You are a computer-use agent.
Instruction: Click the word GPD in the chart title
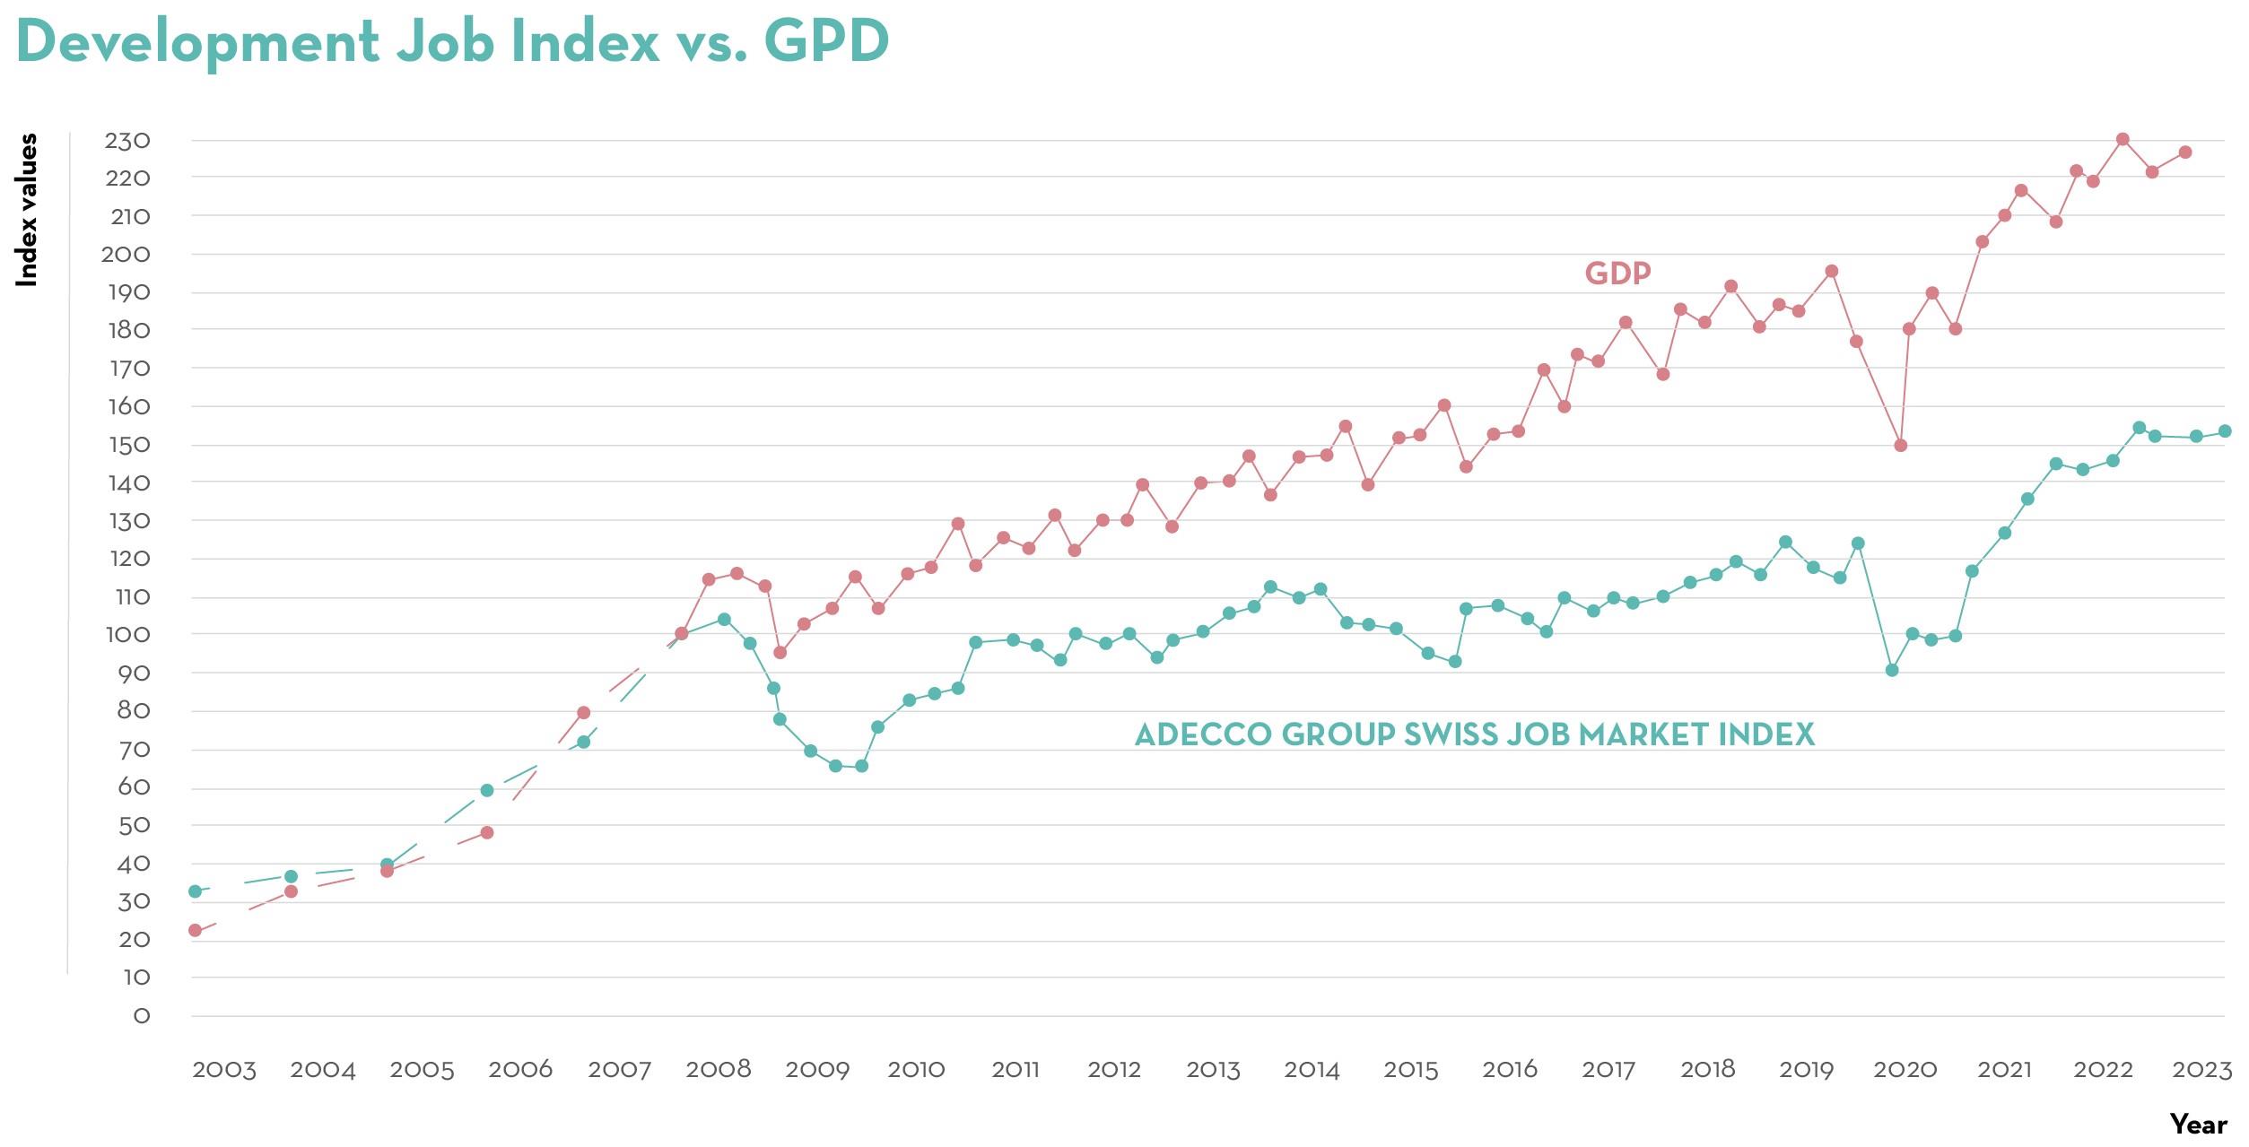point(825,41)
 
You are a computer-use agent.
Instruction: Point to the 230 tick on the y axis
point(127,141)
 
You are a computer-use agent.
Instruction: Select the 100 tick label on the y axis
point(127,635)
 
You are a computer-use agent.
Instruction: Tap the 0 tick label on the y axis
point(141,1016)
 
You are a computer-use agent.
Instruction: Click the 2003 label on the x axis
point(223,1070)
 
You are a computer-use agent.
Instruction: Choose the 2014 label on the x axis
point(1312,1070)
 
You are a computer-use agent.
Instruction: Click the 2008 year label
point(718,1070)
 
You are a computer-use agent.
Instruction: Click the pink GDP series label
point(1617,274)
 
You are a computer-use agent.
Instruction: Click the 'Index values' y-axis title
point(28,210)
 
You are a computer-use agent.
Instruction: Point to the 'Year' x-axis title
point(2198,1125)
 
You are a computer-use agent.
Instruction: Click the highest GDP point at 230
point(2123,140)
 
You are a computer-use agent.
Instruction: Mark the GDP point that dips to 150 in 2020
point(1900,446)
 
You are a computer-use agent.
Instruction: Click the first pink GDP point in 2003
point(195,931)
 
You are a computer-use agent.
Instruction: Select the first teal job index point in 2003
point(195,891)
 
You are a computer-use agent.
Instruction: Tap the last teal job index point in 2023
point(2225,431)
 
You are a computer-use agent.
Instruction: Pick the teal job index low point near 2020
point(1892,670)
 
